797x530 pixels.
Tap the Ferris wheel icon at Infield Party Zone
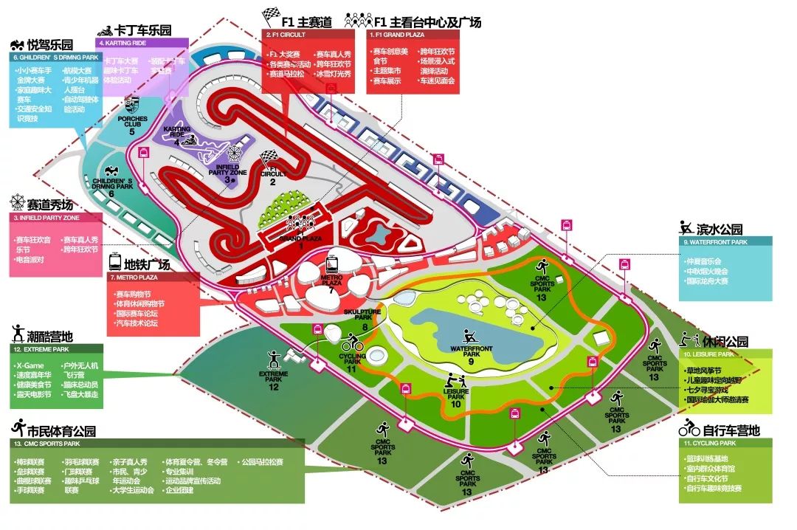[235, 153]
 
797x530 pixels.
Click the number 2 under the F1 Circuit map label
[272, 182]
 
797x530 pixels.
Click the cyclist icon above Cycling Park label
[353, 343]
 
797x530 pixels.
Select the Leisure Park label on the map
[455, 396]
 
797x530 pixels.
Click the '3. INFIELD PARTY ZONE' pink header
[56, 218]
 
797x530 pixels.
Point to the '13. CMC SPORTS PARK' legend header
[156, 444]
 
